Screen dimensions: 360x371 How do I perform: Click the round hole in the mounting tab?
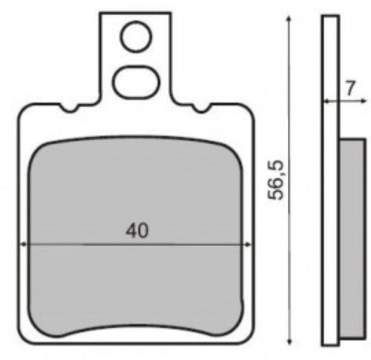(135, 36)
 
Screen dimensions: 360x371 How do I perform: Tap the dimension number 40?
(137, 231)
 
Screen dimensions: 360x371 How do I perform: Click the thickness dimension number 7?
(349, 87)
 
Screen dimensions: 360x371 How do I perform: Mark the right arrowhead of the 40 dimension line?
(243, 244)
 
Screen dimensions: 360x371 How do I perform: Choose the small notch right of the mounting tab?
(201, 110)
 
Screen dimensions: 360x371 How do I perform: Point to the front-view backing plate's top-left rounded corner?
(22, 111)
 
